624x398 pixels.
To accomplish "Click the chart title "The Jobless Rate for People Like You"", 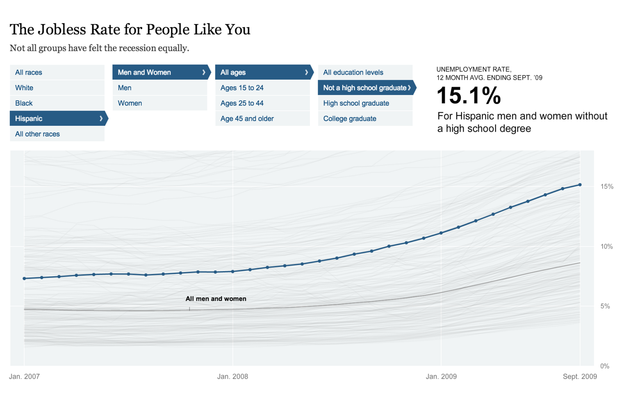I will (130, 29).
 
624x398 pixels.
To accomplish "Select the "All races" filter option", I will (57, 72).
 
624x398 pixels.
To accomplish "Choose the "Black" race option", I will (57, 103).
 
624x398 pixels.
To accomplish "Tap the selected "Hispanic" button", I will (57, 119).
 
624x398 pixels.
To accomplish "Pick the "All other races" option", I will (57, 134).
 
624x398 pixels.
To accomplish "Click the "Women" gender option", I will (159, 103).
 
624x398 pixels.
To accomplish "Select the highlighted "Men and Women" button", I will (159, 72).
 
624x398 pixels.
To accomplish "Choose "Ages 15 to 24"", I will (262, 88).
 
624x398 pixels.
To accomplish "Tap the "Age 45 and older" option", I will (262, 119).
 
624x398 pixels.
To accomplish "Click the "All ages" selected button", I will (262, 72).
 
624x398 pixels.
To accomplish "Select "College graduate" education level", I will (365, 119).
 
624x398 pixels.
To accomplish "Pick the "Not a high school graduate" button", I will (365, 88).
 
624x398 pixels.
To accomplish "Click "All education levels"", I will (365, 72).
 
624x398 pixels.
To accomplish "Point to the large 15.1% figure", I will (469, 96).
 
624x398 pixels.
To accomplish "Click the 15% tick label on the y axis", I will (607, 187).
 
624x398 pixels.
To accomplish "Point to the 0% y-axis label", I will (605, 366).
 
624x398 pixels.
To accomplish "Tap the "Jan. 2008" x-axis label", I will (232, 377).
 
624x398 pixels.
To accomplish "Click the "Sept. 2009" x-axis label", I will (580, 377).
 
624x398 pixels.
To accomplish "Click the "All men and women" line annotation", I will (216, 299).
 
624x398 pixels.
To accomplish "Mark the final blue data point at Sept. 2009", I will (580, 185).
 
